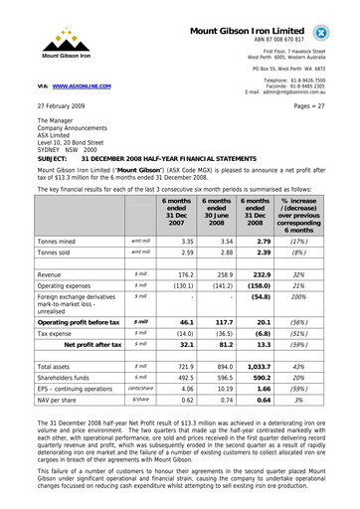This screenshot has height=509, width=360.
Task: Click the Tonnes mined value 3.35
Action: coord(181,241)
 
